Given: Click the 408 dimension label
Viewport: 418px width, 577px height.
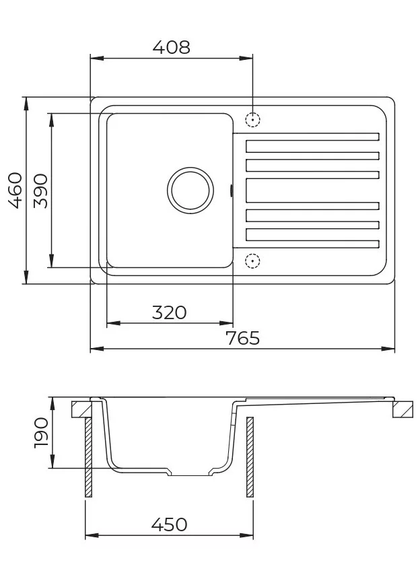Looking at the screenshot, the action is click(x=172, y=47).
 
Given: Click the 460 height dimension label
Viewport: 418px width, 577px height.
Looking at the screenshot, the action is click(x=15, y=191).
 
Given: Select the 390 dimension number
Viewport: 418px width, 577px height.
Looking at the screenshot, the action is click(x=40, y=191).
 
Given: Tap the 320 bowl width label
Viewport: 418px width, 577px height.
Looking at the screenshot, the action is click(x=169, y=312).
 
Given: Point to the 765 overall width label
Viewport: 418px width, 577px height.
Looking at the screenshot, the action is click(x=242, y=338).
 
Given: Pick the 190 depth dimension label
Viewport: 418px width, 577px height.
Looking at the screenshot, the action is click(x=41, y=432).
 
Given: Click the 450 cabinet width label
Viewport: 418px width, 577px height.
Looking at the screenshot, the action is click(x=169, y=524).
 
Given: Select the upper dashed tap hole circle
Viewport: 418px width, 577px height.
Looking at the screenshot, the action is click(x=252, y=120).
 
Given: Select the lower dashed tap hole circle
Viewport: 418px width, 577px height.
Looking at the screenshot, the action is click(x=252, y=261).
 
